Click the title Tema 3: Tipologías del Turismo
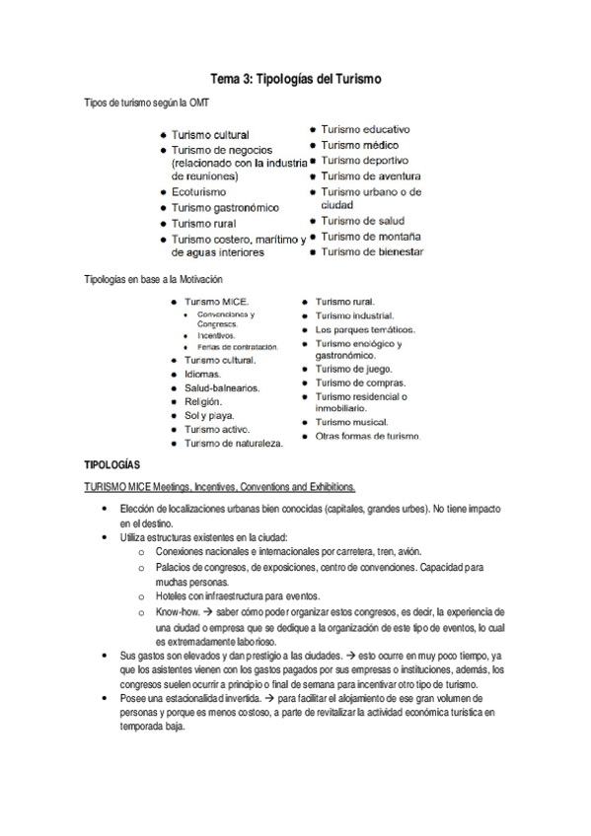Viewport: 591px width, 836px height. tap(295, 77)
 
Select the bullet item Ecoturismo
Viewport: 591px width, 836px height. tap(198, 191)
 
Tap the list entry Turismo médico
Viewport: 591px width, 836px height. tap(356, 145)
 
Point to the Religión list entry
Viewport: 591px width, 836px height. tap(203, 402)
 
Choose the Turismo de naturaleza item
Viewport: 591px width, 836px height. tap(233, 444)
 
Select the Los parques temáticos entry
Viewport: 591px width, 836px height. tap(364, 329)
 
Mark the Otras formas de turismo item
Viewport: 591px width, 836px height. tap(368, 436)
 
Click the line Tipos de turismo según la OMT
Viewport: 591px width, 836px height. tap(145, 104)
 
